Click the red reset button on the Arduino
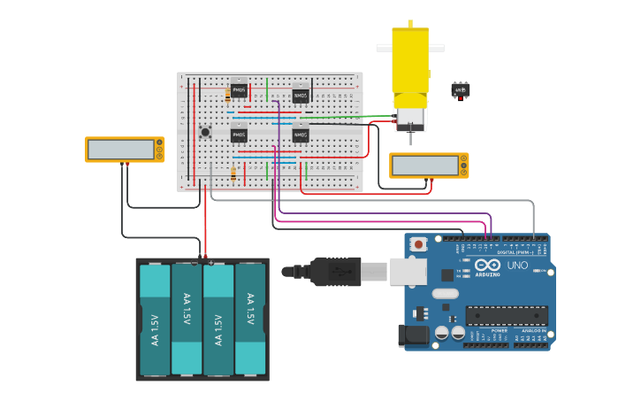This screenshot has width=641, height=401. [x=419, y=243]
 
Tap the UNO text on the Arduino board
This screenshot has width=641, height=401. [x=517, y=266]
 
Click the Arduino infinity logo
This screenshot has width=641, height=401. [x=488, y=266]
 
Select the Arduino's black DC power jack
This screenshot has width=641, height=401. [x=412, y=335]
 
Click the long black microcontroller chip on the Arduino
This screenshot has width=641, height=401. [x=507, y=315]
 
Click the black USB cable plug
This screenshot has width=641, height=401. [x=332, y=272]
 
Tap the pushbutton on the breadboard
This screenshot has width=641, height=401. [x=205, y=133]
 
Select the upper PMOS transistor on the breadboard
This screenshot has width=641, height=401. [x=239, y=91]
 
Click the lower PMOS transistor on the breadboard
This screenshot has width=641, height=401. [x=239, y=135]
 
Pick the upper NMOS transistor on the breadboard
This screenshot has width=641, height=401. [x=301, y=94]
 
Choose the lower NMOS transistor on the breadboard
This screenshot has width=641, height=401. [x=301, y=135]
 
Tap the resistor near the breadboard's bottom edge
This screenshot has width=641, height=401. [x=233, y=174]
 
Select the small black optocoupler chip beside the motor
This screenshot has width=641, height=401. [x=460, y=89]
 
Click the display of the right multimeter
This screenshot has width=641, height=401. [x=424, y=166]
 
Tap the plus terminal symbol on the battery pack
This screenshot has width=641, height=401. [x=211, y=263]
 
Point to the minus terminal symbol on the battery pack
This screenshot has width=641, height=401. [x=195, y=263]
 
